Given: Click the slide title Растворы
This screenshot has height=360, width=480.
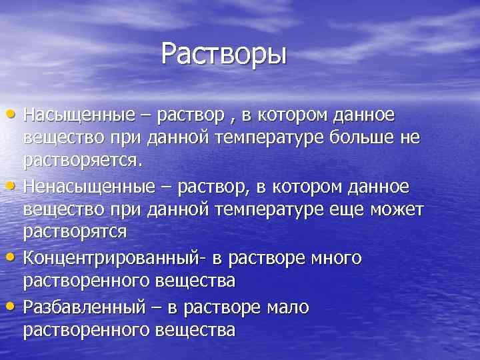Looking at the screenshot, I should pyautogui.click(x=224, y=54).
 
